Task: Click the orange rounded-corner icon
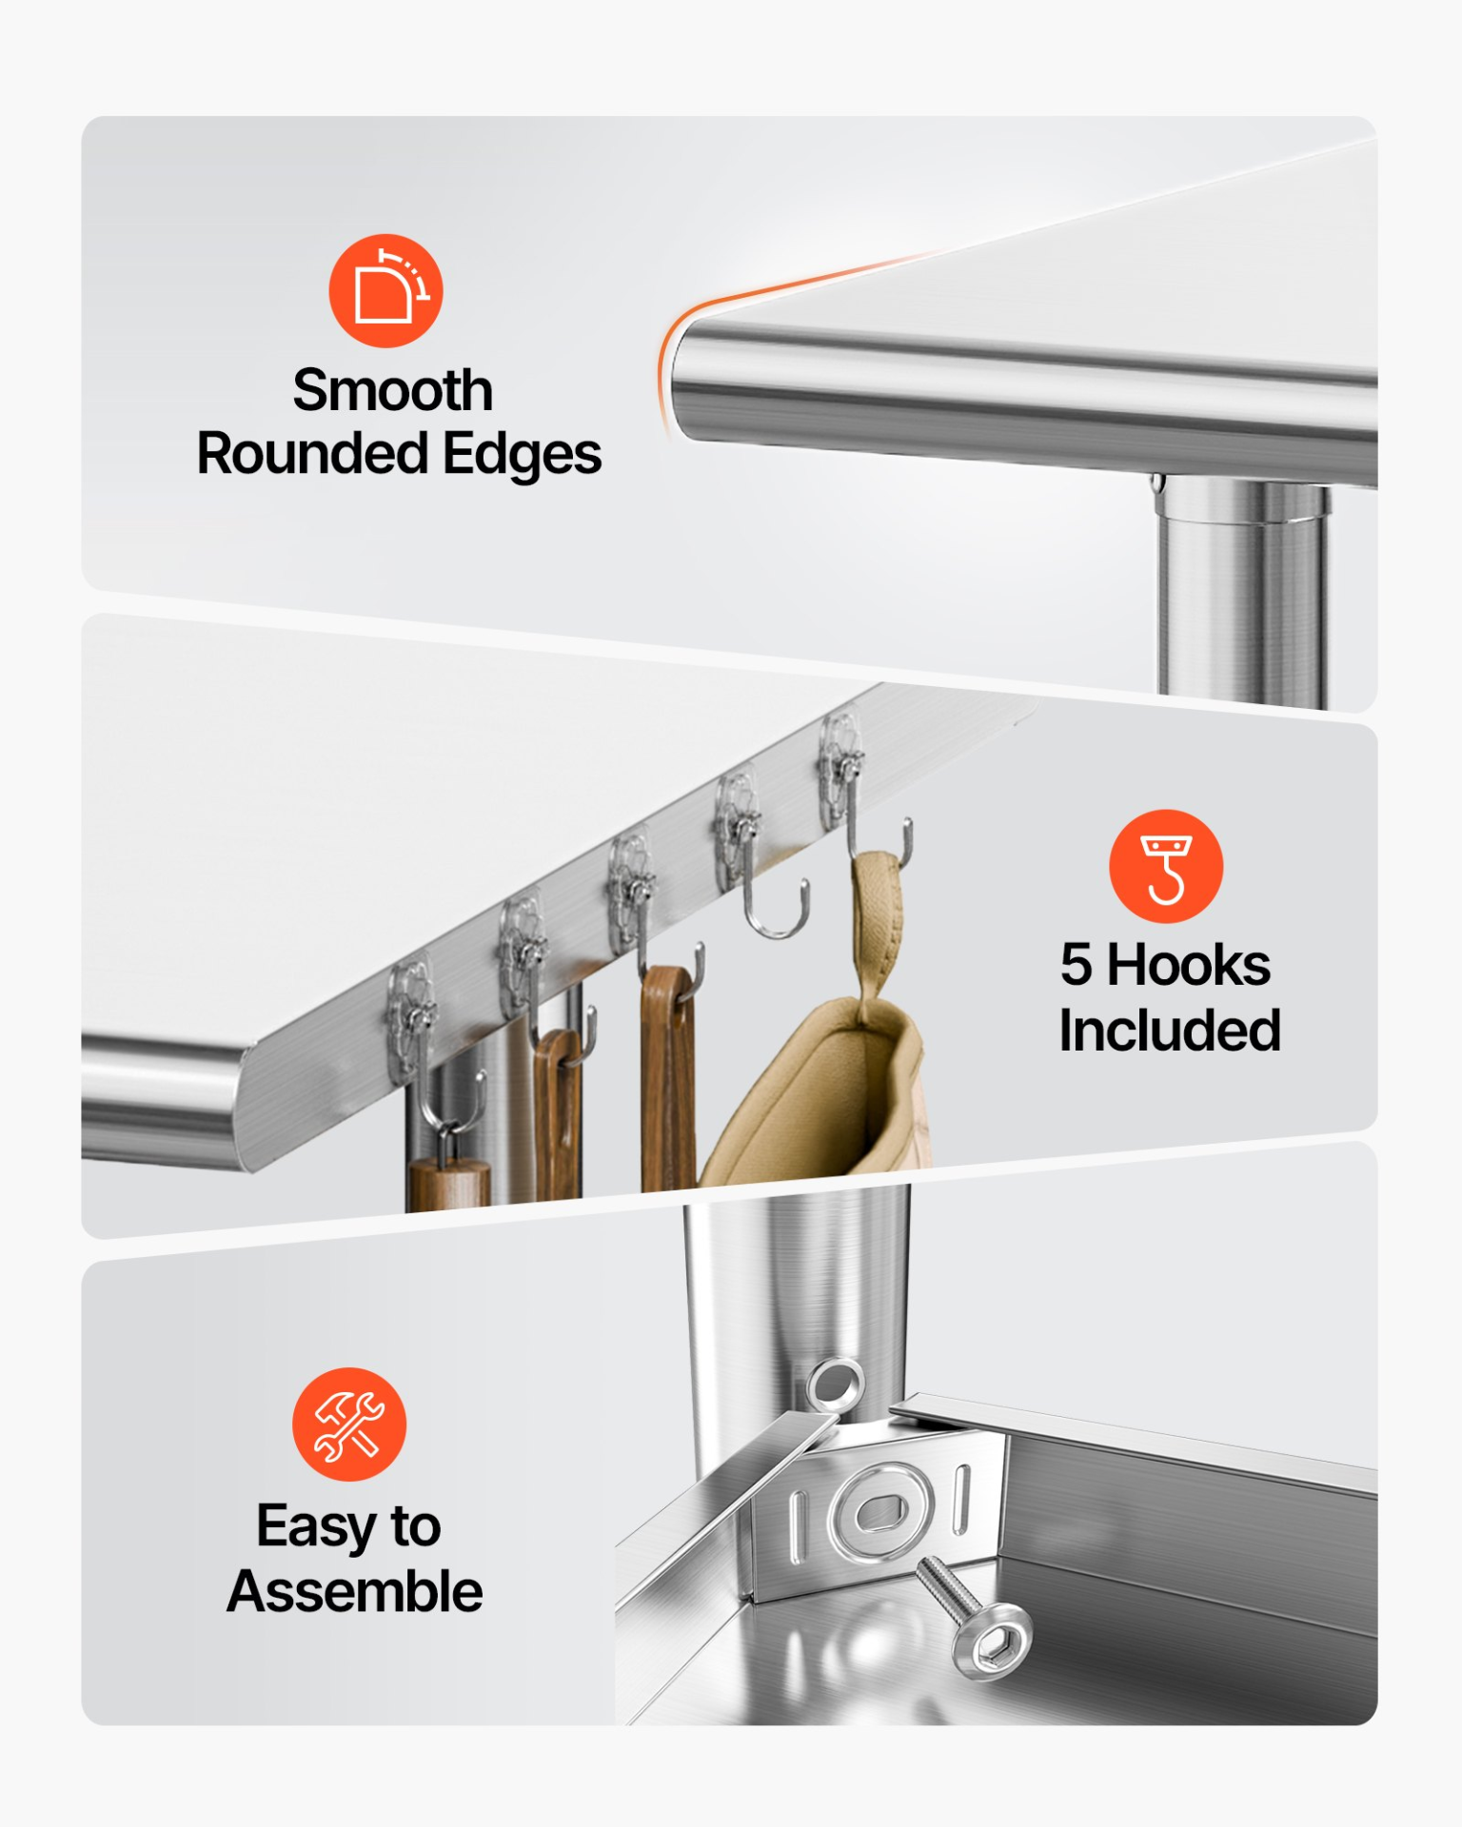pos(385,290)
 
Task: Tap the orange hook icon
pos(1166,866)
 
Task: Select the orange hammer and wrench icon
pos(349,1424)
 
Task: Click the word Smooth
pos(392,390)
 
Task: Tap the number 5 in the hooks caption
pos(1076,965)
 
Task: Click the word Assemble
pos(355,1591)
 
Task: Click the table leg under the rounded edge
pos(1242,590)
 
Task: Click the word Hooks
pos(1189,965)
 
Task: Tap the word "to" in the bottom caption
pos(416,1527)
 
